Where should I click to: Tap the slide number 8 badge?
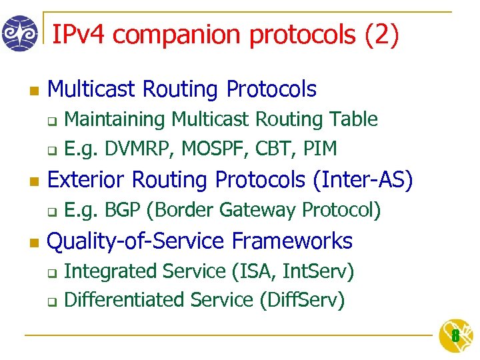click(455, 336)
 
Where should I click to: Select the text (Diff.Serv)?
click(302, 300)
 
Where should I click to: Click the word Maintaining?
click(115, 119)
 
